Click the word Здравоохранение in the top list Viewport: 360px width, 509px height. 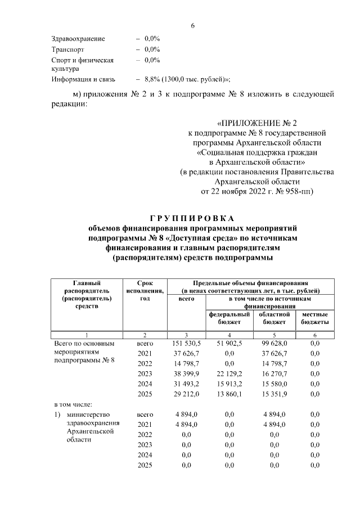78,39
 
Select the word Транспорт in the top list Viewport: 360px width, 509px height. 67,49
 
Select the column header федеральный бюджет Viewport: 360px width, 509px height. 229,318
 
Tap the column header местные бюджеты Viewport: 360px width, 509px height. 315,318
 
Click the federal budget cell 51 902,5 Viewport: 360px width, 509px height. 229,343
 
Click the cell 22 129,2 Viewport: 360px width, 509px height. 229,373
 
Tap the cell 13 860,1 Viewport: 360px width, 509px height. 229,394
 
